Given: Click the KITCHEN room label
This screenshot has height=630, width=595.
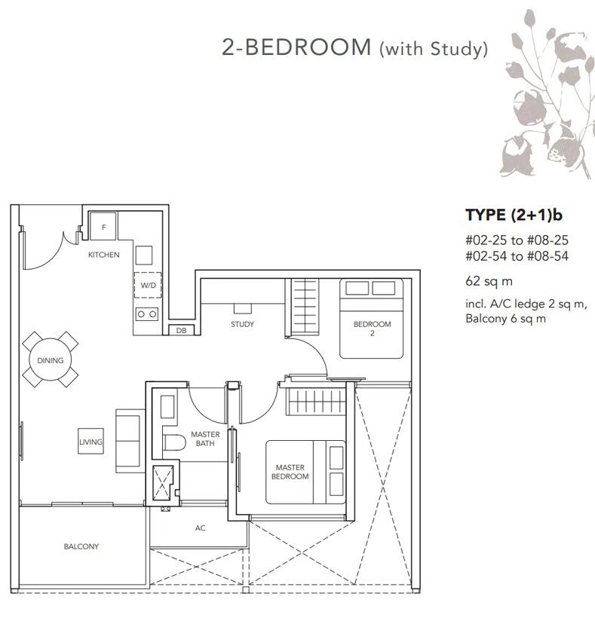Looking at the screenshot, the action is point(104,255).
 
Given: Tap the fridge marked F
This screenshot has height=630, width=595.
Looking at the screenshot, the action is point(103,226).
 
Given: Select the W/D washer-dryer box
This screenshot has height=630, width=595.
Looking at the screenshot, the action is point(148,286).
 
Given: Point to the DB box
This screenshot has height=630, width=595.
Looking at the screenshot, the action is point(181,330).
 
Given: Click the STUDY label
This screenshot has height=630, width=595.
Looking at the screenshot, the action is point(242,324).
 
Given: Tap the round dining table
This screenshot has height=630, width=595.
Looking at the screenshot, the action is point(51,359).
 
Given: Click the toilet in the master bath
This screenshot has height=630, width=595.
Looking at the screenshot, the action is point(174,442).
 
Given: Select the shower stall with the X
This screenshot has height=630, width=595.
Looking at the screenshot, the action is point(163,482).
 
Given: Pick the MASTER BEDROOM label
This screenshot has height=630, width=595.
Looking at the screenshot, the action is point(290,472).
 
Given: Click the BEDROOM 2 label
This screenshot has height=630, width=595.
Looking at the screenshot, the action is point(373,329).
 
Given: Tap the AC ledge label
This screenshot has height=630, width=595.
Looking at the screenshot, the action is point(200,528).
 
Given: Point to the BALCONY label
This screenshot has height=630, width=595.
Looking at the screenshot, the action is point(81,546).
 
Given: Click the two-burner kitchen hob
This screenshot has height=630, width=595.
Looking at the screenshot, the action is point(147,314).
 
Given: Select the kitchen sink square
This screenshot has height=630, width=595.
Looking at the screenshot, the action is point(144,255).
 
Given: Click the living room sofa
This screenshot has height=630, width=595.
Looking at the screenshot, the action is point(130,441).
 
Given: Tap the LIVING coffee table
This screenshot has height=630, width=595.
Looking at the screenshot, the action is point(90,442).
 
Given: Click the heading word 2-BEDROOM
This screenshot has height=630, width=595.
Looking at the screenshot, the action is point(296,47).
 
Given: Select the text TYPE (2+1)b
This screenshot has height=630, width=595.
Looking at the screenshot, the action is point(514,216).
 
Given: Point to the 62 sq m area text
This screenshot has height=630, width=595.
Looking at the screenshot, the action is point(489,281).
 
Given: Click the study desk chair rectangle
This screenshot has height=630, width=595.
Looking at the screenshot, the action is point(243,308).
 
